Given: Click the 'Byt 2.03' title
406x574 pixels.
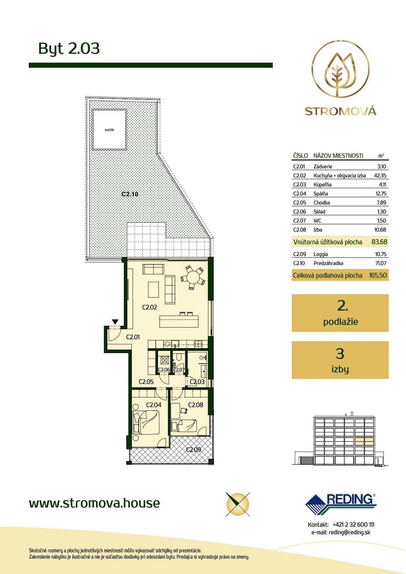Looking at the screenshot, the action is (69, 48).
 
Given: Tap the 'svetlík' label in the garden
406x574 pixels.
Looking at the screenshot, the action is (109, 130).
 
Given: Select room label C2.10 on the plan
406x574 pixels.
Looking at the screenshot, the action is (130, 194).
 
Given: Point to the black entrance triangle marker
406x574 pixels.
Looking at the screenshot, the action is (115, 322).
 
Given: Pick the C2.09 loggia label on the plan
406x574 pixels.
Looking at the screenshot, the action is (193, 449).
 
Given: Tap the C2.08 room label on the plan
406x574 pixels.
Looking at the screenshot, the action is (196, 405).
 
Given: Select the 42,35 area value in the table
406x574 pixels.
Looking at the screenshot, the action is (380, 175).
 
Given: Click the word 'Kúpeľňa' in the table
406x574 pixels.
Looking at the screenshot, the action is (322, 185).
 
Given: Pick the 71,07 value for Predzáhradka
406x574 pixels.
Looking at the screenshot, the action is (380, 263).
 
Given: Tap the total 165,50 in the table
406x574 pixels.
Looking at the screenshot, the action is (378, 275).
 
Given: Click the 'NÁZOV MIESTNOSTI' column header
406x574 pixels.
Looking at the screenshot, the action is (338, 155).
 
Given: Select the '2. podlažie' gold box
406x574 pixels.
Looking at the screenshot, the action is (340, 313).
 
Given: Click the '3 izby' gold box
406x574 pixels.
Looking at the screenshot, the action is (340, 360).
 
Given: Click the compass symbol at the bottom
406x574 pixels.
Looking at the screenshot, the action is (238, 504).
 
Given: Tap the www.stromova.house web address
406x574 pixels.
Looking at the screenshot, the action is (95, 503).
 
